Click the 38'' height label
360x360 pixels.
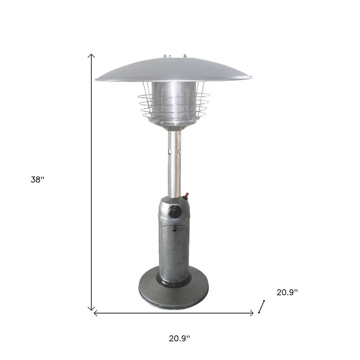[37, 180]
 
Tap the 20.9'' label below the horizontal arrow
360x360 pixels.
[179, 338]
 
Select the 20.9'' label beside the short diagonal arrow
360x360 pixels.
[287, 293]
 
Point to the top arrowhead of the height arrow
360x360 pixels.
[92, 55]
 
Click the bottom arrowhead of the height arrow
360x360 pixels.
[92, 309]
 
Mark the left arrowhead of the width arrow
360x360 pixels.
[95, 313]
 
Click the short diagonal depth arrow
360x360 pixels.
[261, 306]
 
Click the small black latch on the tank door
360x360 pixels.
[174, 229]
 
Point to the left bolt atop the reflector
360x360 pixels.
[165, 56]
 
